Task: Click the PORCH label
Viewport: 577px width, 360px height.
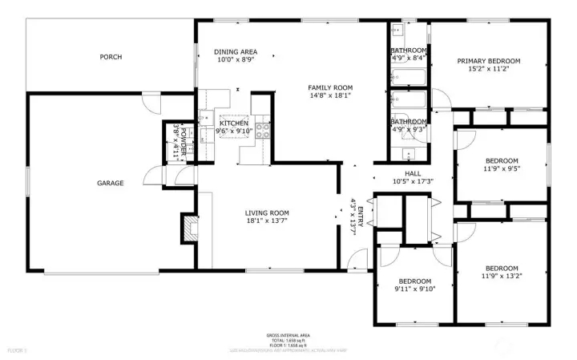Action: tap(111, 56)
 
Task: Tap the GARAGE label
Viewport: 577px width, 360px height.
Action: tap(111, 183)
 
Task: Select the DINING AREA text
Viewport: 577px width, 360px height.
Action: tap(236, 52)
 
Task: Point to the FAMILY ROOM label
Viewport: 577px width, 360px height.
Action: tap(331, 87)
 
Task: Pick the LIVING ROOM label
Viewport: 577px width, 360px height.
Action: tap(267, 212)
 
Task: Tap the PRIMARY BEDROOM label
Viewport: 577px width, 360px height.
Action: tap(489, 60)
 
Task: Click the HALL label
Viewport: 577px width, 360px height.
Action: tap(413, 173)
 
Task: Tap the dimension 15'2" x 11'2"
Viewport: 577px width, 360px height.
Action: tap(489, 69)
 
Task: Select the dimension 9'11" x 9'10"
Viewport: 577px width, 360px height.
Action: tap(415, 289)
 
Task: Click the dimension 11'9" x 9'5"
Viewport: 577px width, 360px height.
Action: tap(502, 168)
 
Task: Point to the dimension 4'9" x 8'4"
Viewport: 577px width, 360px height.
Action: tap(409, 58)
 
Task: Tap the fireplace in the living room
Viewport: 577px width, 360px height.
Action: tap(190, 228)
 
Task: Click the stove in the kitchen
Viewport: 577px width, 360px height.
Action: tap(262, 132)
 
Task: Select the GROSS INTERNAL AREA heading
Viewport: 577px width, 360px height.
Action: tap(288, 335)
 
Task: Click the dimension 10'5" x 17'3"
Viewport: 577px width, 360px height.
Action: tap(413, 181)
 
